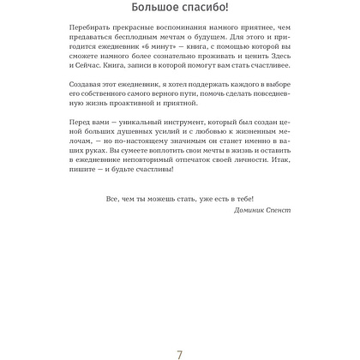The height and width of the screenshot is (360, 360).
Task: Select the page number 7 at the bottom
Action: pos(179,334)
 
